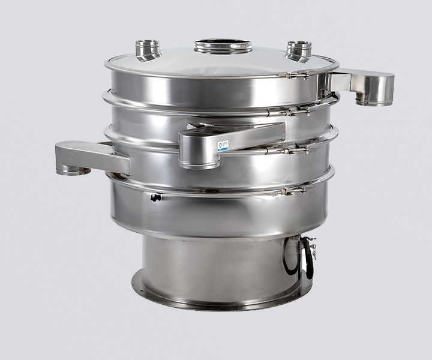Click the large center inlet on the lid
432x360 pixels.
point(223,46)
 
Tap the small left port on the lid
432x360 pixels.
point(148,48)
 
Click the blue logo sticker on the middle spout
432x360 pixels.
point(223,145)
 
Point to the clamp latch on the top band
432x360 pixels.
point(294,75)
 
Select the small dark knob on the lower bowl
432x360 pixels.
point(155,197)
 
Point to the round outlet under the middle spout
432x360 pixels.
point(199,162)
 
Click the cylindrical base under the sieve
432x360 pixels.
point(216,264)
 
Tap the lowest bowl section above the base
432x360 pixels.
point(216,210)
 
